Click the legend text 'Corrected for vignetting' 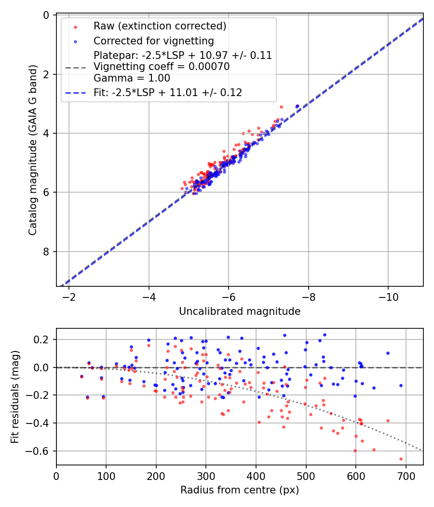pyautogui.click(x=154, y=40)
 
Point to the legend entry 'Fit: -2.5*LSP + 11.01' pyautogui.click(x=167, y=92)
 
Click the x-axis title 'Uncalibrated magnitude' pyautogui.click(x=240, y=311)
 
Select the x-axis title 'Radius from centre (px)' pyautogui.click(x=240, y=490)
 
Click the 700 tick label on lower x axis pyautogui.click(x=406, y=476)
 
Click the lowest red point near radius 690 pyautogui.click(x=401, y=459)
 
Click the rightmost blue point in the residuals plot pyautogui.click(x=401, y=385)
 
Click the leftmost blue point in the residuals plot pyautogui.click(x=81, y=376)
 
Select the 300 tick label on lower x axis pyautogui.click(x=206, y=476)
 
